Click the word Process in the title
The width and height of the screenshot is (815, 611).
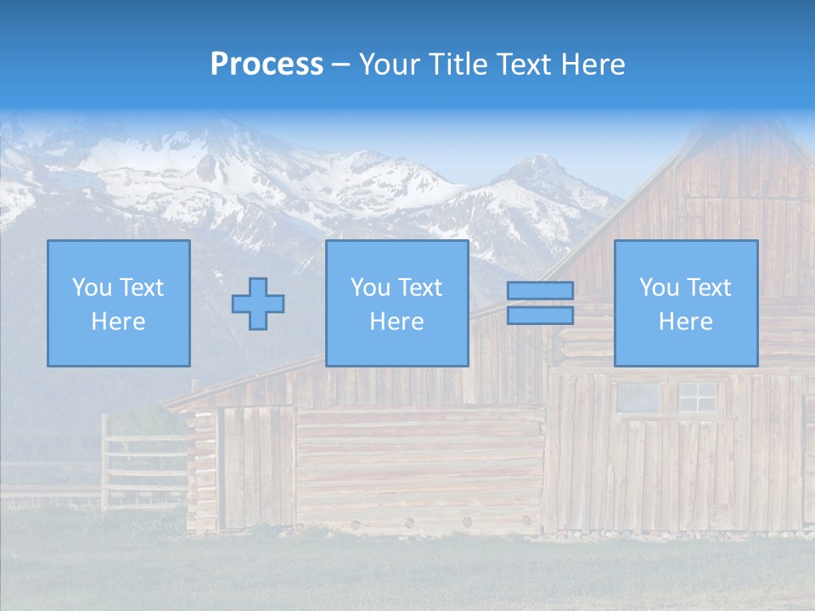267,64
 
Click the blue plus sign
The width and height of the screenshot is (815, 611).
258,304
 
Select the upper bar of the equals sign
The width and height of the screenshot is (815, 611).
540,291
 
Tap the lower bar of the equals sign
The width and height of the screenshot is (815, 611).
540,315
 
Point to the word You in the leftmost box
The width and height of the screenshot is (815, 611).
91,288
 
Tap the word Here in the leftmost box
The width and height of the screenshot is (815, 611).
119,322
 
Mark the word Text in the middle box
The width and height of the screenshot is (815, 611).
421,288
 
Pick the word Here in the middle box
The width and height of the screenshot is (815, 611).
397,322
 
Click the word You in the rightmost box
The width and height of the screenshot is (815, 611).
658,288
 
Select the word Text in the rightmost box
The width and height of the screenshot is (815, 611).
710,288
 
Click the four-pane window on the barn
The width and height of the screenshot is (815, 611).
697,396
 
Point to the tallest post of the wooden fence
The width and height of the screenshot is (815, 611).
105,462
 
